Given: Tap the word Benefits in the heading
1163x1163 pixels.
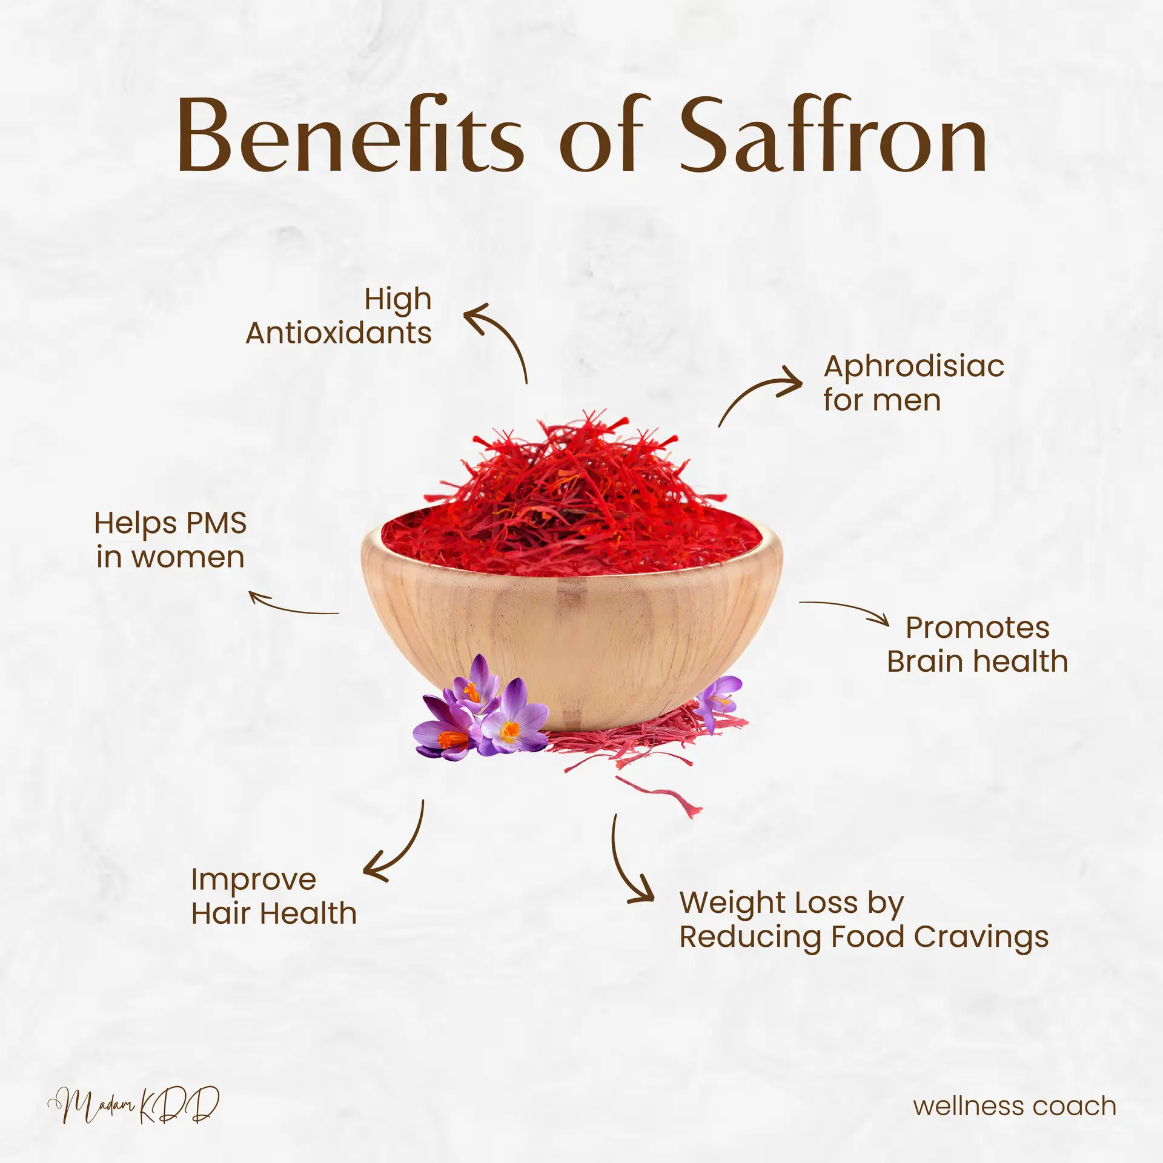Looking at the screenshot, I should point(350,136).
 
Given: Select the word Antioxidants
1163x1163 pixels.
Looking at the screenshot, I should point(338,333).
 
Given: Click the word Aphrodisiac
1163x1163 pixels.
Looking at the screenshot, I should point(913,366).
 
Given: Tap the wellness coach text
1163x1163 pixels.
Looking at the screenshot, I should point(1015,1106).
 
